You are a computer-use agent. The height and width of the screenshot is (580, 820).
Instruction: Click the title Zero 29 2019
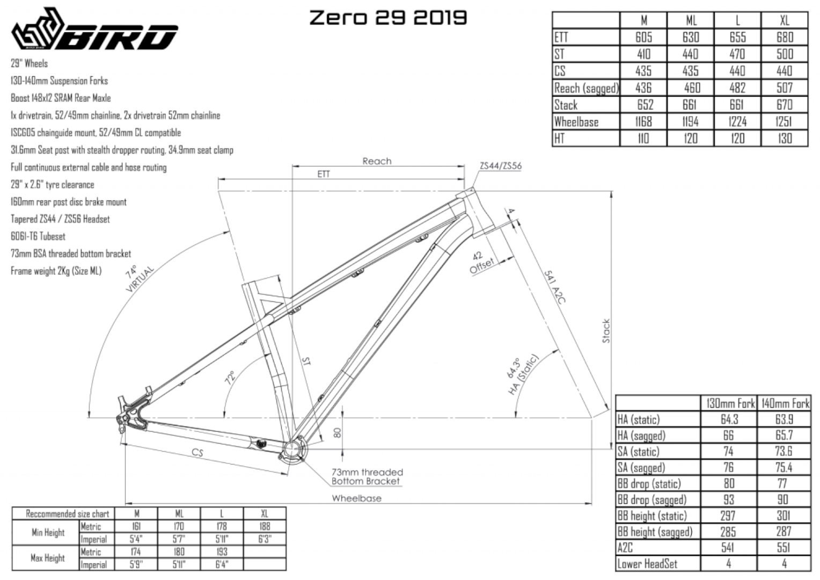[388, 18]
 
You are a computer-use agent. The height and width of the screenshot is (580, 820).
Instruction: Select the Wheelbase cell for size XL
[784, 122]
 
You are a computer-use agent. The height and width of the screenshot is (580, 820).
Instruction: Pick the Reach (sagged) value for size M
[643, 88]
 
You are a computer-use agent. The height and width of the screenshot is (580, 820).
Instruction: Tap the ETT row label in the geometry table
[561, 37]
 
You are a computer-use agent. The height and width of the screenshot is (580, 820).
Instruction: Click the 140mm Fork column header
[784, 403]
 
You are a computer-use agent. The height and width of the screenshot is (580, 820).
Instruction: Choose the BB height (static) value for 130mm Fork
[728, 516]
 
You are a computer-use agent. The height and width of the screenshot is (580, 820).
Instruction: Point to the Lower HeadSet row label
[647, 564]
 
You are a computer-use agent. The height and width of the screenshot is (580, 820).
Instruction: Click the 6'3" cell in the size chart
[265, 539]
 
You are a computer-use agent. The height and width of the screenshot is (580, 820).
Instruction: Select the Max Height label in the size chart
[47, 558]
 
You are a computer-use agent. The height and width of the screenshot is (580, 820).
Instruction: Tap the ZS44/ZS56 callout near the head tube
[501, 166]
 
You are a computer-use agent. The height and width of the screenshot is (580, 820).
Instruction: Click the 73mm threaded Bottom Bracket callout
[367, 477]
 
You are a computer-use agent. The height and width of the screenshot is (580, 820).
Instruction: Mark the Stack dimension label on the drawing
[606, 331]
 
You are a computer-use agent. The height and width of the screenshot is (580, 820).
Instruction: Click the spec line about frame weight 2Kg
[56, 271]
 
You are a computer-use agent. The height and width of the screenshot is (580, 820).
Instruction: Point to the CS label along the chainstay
[197, 453]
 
